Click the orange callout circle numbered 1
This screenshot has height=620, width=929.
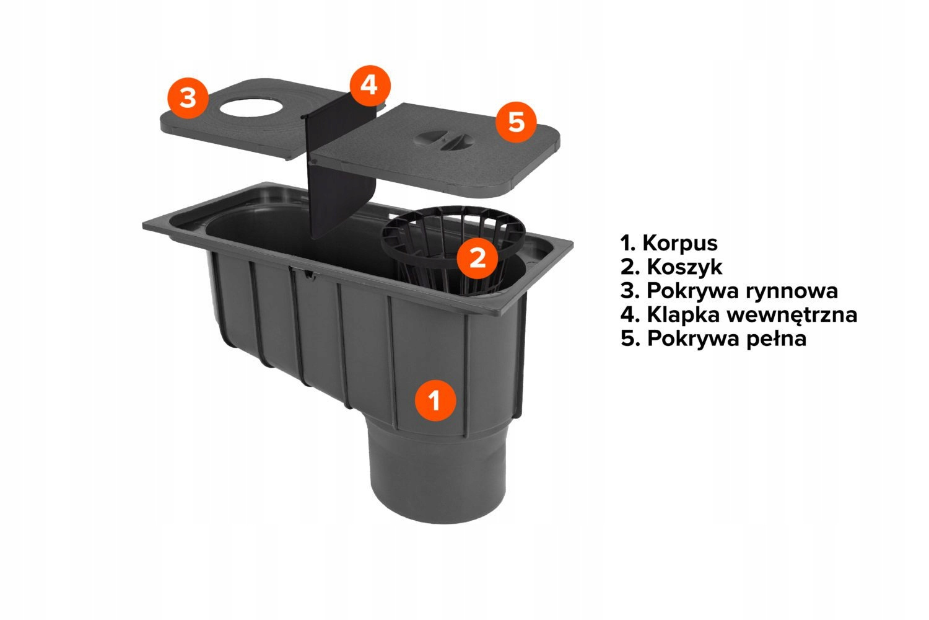[435, 401]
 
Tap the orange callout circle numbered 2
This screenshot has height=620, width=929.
[478, 259]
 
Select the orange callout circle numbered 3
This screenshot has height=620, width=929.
[188, 99]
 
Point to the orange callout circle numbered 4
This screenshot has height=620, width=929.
[370, 86]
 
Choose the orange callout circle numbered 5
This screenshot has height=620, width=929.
[517, 122]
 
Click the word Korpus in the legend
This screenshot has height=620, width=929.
[680, 244]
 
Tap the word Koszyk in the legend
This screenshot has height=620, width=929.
[685, 267]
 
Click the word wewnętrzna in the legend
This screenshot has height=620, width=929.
[792, 316]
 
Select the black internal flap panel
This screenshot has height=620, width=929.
[340, 172]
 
